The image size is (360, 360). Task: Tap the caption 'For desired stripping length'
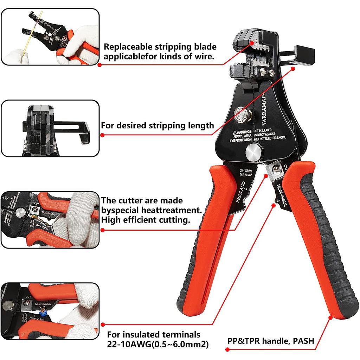coord(157,125)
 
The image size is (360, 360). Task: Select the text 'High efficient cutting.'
coord(146,220)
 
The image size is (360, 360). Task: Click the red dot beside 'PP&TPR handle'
coord(227,350)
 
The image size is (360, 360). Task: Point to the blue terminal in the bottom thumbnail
coord(44,311)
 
